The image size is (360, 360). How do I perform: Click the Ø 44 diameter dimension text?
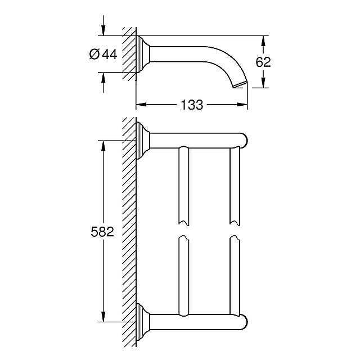click(103, 55)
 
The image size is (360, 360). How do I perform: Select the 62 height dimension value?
click(263, 62)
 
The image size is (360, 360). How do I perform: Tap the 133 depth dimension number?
click(192, 105)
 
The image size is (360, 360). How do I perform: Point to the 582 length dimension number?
click(102, 232)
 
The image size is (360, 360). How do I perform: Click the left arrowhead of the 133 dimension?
click(141, 105)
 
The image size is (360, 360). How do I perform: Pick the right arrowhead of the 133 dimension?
click(242, 105)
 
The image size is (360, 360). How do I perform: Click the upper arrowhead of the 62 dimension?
click(263, 41)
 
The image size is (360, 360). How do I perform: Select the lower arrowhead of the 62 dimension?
click(263, 83)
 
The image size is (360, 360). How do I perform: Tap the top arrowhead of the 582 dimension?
click(103, 146)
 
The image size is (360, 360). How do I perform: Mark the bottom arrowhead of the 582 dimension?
click(103, 317)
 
